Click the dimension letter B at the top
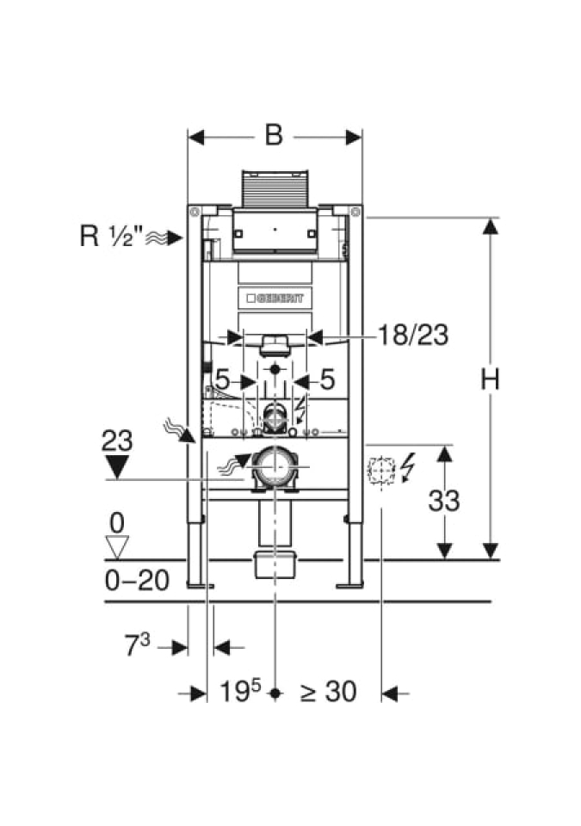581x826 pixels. (274, 135)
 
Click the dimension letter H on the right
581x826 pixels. (490, 379)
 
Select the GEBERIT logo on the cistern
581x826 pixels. (275, 299)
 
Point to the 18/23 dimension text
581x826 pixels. (412, 336)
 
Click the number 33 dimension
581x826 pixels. (444, 500)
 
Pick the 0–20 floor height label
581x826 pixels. (138, 581)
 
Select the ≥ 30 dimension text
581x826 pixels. (328, 691)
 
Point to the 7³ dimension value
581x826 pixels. (139, 646)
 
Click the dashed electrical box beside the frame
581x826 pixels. (380, 472)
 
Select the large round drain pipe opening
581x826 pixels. (275, 469)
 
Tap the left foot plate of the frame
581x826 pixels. (201, 585)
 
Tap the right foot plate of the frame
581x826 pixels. (349, 585)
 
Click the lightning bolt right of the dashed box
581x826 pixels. (407, 470)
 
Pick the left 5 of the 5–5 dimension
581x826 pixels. (222, 379)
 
